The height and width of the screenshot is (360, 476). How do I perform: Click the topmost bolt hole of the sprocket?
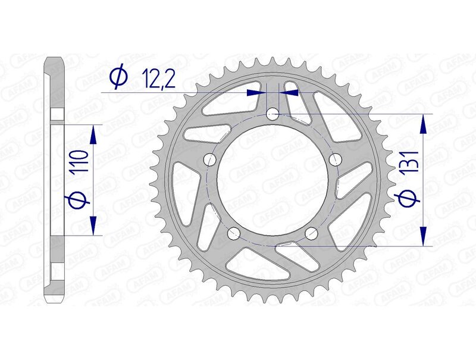point(273,113)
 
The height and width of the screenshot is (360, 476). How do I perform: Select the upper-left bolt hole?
point(209,159)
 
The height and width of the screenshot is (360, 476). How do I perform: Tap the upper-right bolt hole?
point(336,159)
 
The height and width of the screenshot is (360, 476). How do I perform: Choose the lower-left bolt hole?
point(234,233)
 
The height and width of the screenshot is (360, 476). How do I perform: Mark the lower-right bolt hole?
point(311,233)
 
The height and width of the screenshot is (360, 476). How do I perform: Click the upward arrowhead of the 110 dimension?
point(93,134)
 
